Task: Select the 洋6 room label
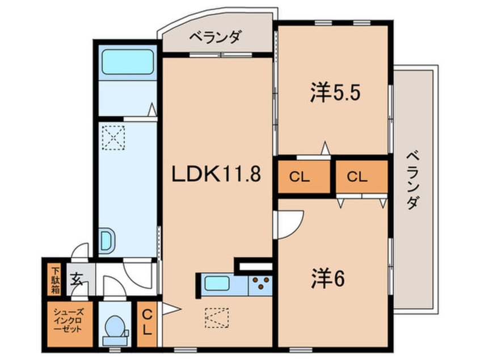click(x=328, y=278)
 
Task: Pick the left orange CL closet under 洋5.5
click(x=303, y=177)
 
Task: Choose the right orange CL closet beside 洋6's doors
click(x=361, y=177)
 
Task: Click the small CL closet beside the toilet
click(x=146, y=321)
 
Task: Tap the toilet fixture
click(x=115, y=328)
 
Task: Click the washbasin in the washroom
click(x=106, y=241)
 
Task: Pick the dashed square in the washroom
click(x=113, y=138)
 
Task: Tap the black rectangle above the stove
click(x=254, y=265)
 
